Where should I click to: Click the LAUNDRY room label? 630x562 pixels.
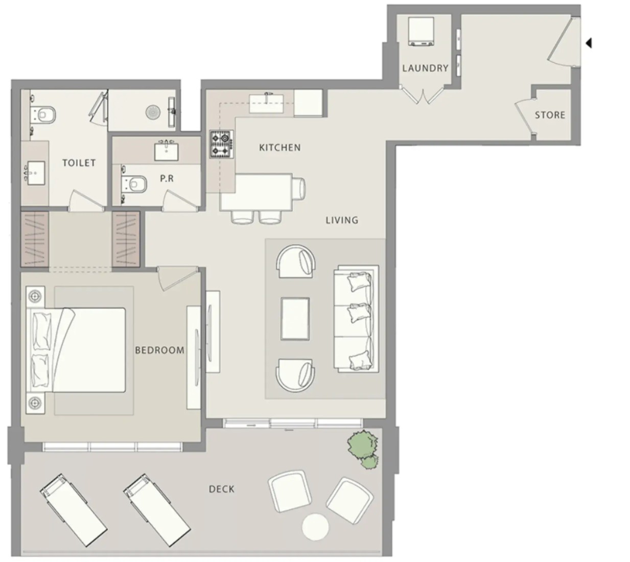point(425,68)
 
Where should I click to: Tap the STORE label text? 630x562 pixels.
point(550,115)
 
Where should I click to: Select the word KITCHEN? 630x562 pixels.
point(280,148)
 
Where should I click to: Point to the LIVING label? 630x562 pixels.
point(342,220)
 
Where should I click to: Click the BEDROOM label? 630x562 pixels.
point(159,350)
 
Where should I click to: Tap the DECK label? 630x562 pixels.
point(221,489)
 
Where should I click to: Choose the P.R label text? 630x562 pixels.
point(167,178)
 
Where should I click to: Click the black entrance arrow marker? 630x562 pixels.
point(588,43)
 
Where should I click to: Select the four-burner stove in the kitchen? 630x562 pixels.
point(221,144)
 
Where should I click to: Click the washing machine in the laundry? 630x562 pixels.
point(421,32)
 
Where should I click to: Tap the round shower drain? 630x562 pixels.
point(153,112)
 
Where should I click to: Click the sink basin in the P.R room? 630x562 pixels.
point(167,151)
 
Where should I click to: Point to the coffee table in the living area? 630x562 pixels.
point(295,319)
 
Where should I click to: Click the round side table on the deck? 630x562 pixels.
point(315,527)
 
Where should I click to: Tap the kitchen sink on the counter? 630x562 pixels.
point(266,104)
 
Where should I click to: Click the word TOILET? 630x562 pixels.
point(79,162)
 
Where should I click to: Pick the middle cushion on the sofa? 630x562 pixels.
point(360,313)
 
